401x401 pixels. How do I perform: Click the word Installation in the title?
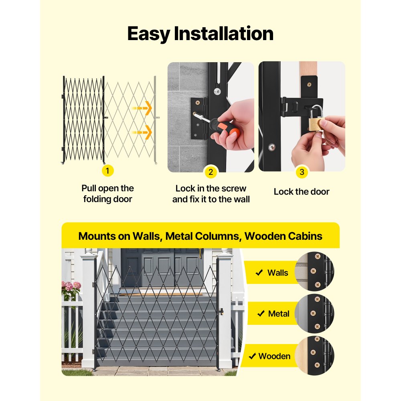click(x=223, y=34)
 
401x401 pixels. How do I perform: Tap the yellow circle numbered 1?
click(x=107, y=171)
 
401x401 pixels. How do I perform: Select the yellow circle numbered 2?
click(x=211, y=172)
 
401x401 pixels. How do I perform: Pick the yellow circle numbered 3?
click(x=302, y=172)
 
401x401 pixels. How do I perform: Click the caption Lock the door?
click(x=302, y=192)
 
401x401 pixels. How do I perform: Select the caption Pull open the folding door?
click(x=107, y=193)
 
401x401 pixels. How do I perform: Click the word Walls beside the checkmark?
click(x=277, y=273)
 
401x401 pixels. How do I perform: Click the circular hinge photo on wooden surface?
click(x=314, y=356)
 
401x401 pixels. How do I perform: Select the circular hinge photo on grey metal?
click(x=314, y=314)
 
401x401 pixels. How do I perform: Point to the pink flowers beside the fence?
click(x=71, y=288)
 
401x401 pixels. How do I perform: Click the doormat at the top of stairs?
click(x=160, y=295)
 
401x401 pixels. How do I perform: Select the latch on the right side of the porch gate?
click(x=220, y=312)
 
